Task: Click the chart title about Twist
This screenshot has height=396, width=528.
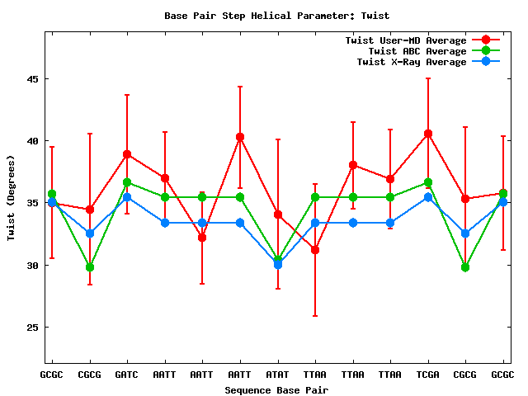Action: pos(276,16)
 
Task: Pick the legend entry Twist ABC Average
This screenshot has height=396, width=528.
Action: pos(417,51)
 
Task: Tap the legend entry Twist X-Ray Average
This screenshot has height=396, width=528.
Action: pos(412,62)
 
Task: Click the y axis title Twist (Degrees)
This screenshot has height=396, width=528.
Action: pos(12,198)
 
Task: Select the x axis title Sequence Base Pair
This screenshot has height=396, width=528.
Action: pos(276,390)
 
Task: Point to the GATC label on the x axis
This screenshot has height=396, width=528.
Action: pos(127,375)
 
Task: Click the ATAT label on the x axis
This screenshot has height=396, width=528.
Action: pos(278,375)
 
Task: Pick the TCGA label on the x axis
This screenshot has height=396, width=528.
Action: pos(428,375)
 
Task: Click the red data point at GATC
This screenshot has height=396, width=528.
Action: pos(127,154)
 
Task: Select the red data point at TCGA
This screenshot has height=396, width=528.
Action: pos(428,134)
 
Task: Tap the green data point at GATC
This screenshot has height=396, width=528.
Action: pos(127,182)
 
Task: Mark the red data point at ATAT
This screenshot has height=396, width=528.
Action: pos(278,214)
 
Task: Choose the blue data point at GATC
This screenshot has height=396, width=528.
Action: pos(127,197)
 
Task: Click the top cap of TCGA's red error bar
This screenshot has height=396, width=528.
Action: pos(428,78)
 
